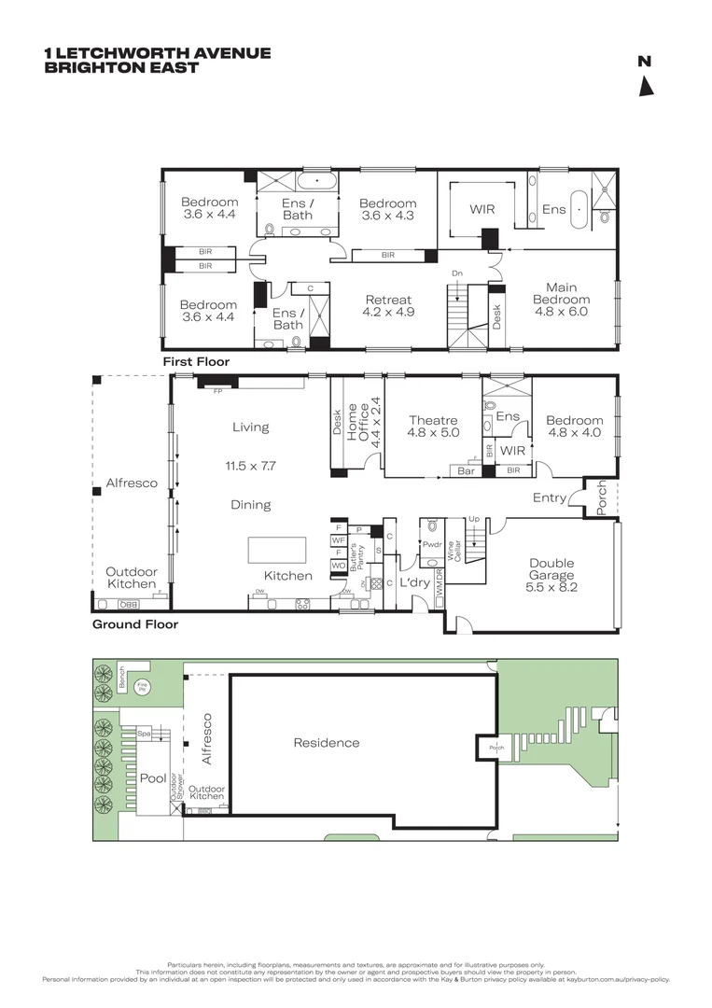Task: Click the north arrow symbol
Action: [645, 86]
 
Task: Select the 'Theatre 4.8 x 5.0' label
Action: [432, 427]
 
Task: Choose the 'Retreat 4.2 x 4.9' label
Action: [387, 306]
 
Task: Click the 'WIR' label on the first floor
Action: [482, 210]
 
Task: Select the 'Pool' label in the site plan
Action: [153, 778]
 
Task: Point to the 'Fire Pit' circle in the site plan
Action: [143, 687]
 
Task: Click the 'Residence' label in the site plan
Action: [327, 743]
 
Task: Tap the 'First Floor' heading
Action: [196, 361]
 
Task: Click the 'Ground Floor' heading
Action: [134, 624]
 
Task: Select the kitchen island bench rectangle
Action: [277, 550]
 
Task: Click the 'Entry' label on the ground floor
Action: [550, 498]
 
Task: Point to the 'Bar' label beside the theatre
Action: [466, 471]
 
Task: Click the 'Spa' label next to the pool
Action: [144, 735]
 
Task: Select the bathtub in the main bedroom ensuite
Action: [580, 210]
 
